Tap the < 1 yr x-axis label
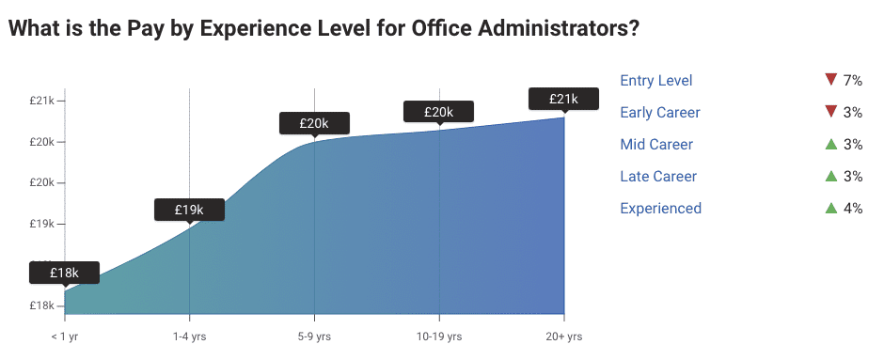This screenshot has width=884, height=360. click(x=65, y=336)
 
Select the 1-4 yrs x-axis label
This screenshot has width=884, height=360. click(x=190, y=336)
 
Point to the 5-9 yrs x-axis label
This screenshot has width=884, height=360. click(x=314, y=336)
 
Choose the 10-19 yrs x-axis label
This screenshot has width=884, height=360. click(x=439, y=336)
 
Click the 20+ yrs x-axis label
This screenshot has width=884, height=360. click(x=563, y=336)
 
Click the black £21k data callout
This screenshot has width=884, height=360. click(x=563, y=98)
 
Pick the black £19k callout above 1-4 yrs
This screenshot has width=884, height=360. click(x=190, y=210)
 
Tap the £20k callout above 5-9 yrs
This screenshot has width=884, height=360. click(x=314, y=123)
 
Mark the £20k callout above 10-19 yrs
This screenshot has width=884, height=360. click(x=439, y=111)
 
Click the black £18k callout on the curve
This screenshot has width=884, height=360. click(x=64, y=273)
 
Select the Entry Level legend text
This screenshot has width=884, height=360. click(x=656, y=81)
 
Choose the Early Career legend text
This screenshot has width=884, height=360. click(x=660, y=113)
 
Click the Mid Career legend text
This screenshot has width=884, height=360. click(x=656, y=145)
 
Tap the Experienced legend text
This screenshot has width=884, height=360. click(x=661, y=209)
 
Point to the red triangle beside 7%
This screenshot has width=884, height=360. click(x=829, y=80)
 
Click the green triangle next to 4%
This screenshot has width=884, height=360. click(x=829, y=208)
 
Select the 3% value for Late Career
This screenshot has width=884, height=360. click(x=853, y=177)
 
